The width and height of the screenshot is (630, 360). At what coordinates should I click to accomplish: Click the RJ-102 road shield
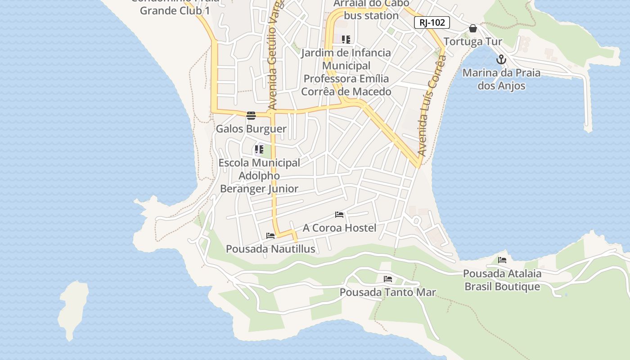(432, 22)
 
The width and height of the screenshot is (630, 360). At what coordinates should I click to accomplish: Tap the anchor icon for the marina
(501, 59)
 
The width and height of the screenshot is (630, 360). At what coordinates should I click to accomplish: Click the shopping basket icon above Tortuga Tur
(473, 28)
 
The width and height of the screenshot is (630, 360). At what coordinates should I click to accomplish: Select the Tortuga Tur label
(473, 42)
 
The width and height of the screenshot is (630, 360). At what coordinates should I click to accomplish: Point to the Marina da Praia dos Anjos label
(501, 79)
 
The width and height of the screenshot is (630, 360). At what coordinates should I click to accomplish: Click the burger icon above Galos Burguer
(251, 116)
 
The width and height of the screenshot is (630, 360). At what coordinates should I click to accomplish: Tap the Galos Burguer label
(251, 129)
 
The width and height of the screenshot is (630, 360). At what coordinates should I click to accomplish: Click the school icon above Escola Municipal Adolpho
(259, 149)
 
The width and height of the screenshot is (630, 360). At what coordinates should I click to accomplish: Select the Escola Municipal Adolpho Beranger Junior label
(259, 176)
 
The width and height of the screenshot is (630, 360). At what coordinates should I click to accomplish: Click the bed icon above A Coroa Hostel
(339, 215)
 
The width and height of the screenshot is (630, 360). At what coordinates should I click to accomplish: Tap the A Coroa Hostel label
(339, 228)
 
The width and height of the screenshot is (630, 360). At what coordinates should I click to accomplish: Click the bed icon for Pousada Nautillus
(270, 235)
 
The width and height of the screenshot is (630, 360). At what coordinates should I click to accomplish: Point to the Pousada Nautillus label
(270, 249)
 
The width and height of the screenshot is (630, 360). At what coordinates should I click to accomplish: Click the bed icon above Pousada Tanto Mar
(388, 279)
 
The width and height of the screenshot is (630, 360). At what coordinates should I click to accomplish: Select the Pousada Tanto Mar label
(388, 292)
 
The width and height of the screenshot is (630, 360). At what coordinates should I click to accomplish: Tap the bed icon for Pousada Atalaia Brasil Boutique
(502, 260)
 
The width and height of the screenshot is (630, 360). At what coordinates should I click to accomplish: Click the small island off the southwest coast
(73, 308)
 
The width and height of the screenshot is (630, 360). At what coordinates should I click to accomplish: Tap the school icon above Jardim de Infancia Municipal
(346, 40)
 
